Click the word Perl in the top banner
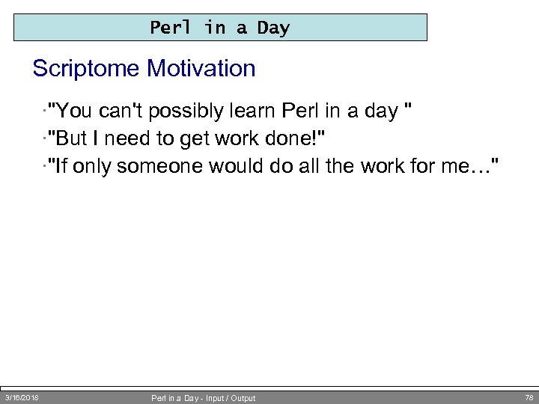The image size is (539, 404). click(171, 28)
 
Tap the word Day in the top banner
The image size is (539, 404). click(273, 28)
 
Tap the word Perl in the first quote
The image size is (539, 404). click(300, 111)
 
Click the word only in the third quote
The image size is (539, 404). click(91, 165)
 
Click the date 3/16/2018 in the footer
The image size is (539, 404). click(22, 397)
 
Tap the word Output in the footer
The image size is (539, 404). click(243, 398)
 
